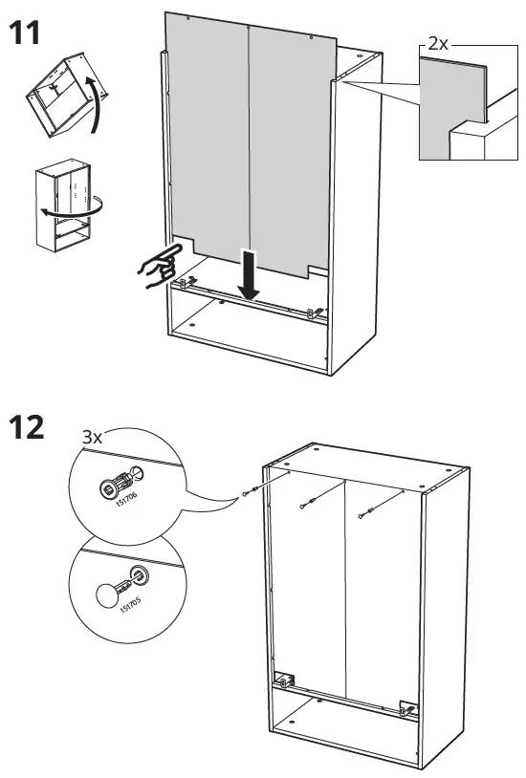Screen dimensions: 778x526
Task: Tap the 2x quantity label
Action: (x=439, y=45)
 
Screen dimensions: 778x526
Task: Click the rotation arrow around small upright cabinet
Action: (x=86, y=205)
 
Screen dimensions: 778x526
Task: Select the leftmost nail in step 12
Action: (x=251, y=493)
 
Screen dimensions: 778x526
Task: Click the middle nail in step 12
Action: (x=306, y=505)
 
